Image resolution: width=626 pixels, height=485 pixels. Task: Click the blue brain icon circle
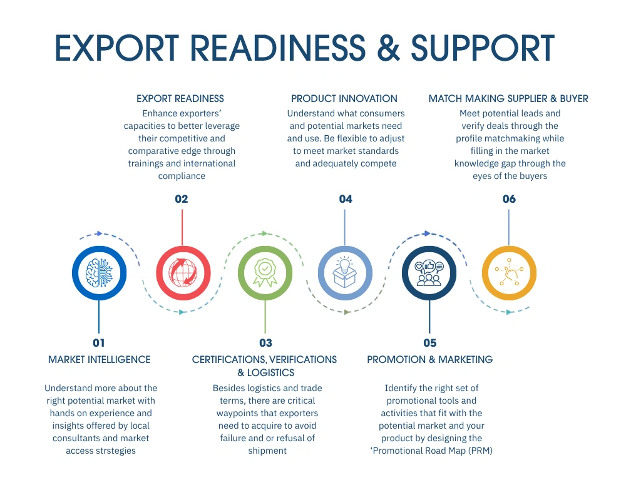[x=99, y=273]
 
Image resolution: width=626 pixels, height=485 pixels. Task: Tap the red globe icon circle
[x=182, y=273]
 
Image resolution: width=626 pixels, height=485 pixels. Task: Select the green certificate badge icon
[x=265, y=273]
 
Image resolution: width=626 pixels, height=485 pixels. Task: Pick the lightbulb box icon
[x=345, y=273]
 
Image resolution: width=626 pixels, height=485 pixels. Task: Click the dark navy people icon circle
[x=429, y=273]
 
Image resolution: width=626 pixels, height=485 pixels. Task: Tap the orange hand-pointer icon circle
[x=509, y=273]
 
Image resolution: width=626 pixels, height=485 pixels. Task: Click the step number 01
[x=99, y=342]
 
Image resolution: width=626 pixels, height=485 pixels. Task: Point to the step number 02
[x=182, y=199]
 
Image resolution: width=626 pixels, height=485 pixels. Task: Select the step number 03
[x=265, y=342]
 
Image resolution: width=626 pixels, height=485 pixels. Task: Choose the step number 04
[x=346, y=199]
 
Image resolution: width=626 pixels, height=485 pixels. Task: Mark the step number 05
[x=429, y=342]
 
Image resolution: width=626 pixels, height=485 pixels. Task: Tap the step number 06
[x=509, y=199]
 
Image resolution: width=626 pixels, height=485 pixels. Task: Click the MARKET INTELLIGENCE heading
[x=100, y=359]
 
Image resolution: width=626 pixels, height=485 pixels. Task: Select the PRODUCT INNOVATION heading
[x=344, y=98]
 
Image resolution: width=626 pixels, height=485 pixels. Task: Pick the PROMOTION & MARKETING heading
[x=429, y=359]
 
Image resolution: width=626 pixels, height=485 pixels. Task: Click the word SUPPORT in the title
[x=483, y=48]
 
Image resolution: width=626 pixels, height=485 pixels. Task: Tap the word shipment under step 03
[x=267, y=451]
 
